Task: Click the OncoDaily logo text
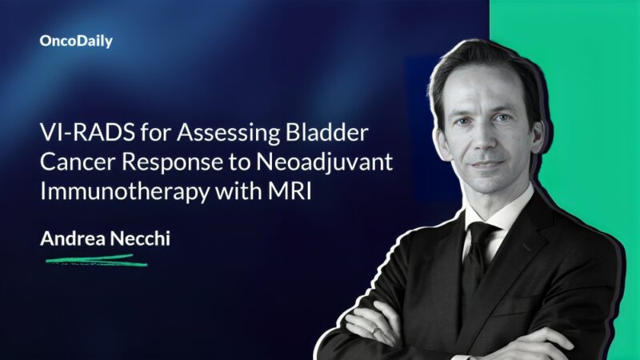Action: click(76, 42)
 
